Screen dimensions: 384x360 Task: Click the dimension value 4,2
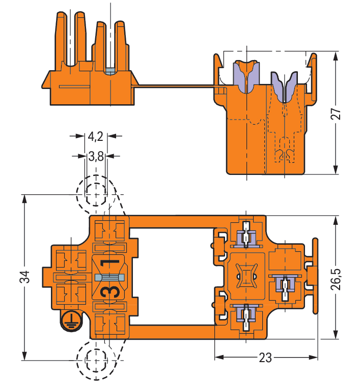pos(96,136)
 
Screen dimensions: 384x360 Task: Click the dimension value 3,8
pos(96,157)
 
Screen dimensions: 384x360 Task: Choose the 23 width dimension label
pos(265,358)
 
